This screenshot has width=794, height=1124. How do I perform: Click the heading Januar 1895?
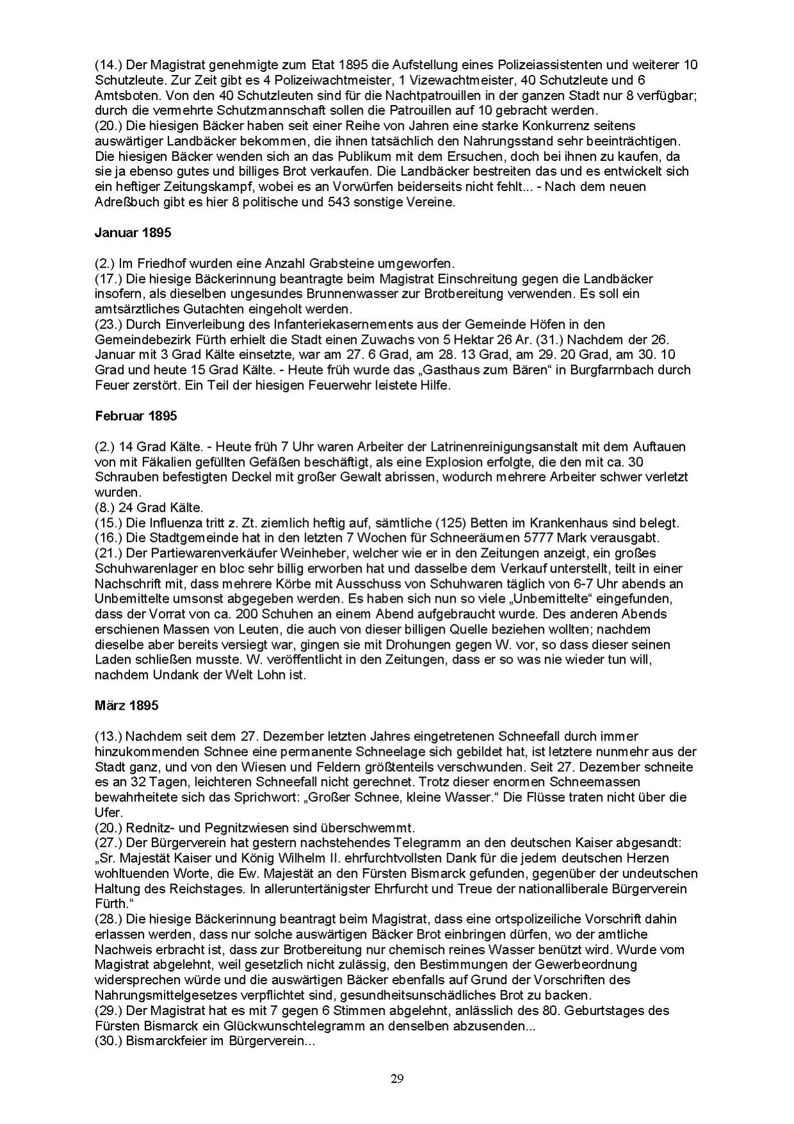[133, 233]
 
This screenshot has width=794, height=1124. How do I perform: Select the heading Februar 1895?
[135, 415]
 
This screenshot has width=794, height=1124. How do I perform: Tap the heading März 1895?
[126, 705]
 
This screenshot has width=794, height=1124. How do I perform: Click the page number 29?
[397, 1078]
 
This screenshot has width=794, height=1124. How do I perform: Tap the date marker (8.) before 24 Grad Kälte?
[106, 507]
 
